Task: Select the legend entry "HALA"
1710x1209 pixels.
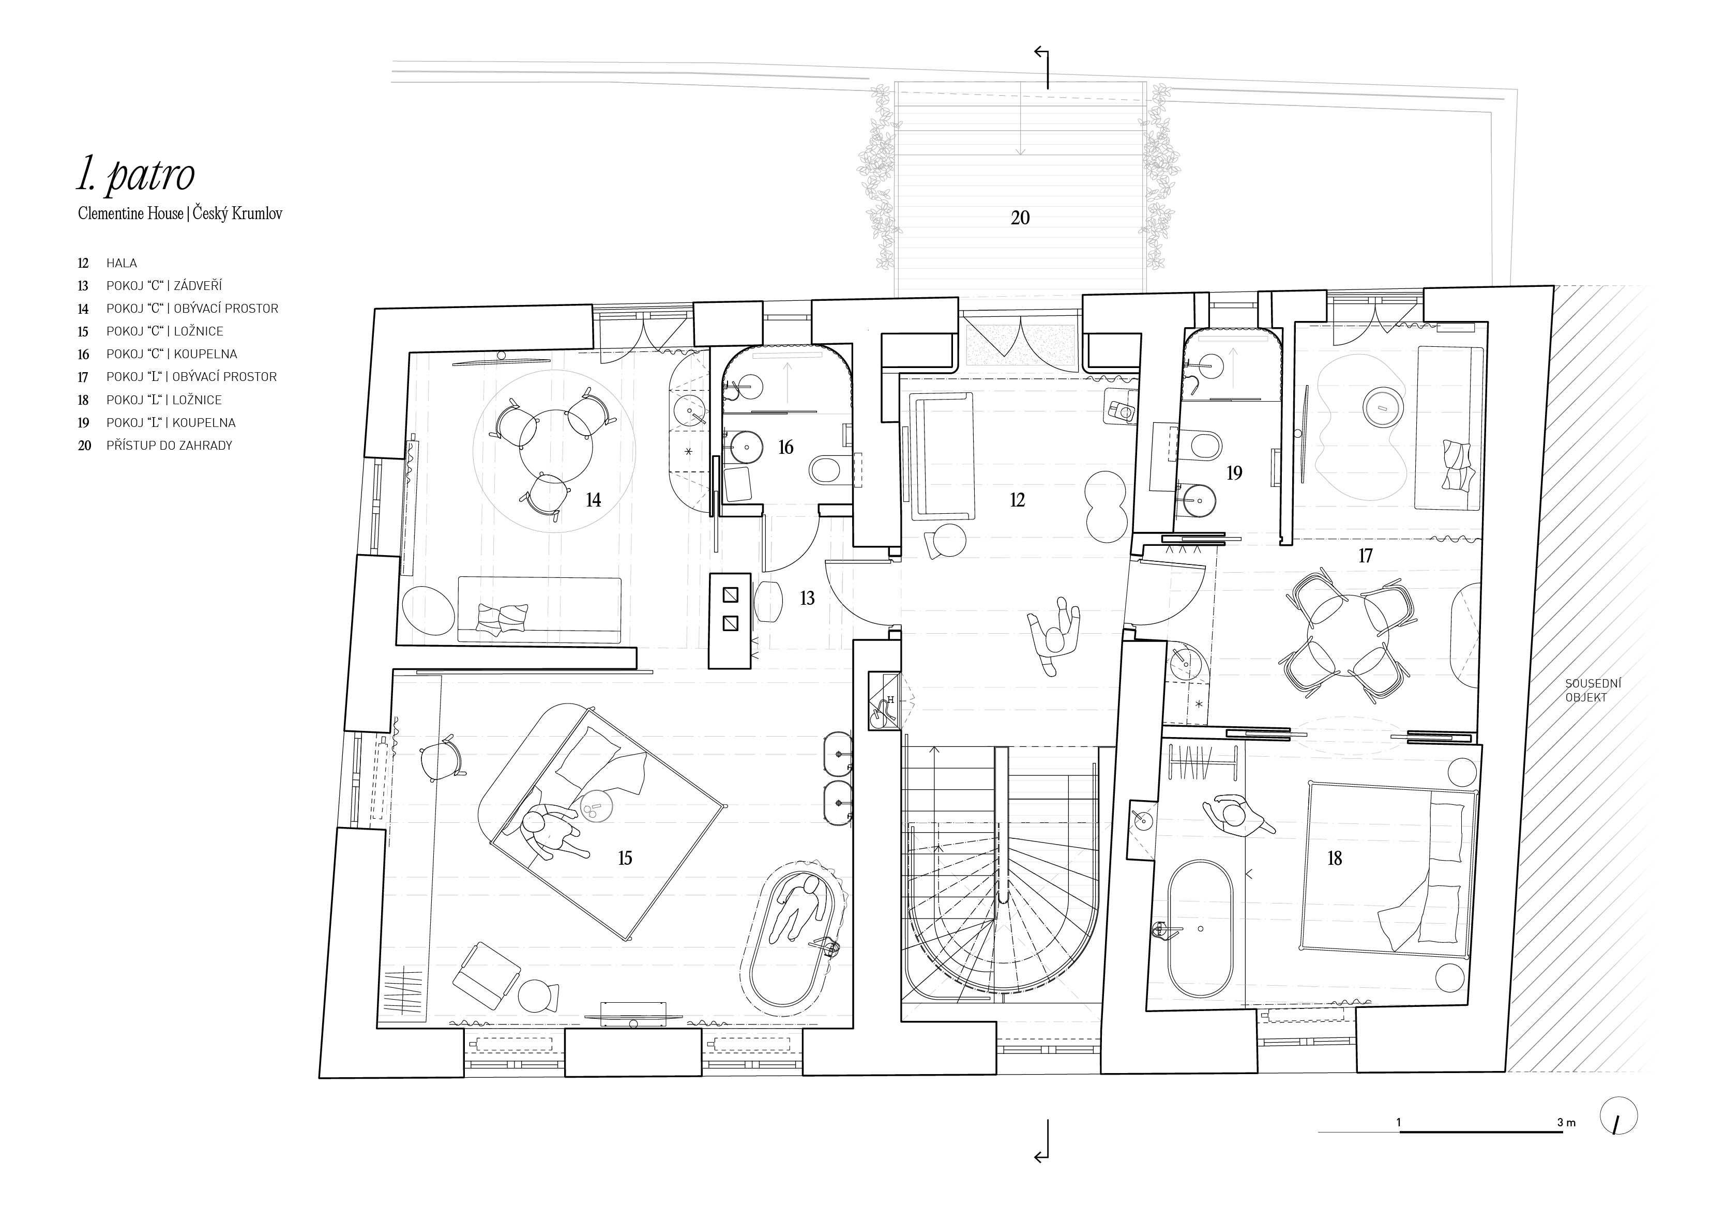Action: (x=122, y=263)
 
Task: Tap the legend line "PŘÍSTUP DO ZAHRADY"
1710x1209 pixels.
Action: (x=169, y=445)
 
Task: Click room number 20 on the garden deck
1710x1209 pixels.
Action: (x=1020, y=218)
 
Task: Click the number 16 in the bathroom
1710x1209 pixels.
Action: (x=786, y=448)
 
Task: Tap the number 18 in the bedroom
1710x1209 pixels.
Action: (x=1335, y=859)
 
